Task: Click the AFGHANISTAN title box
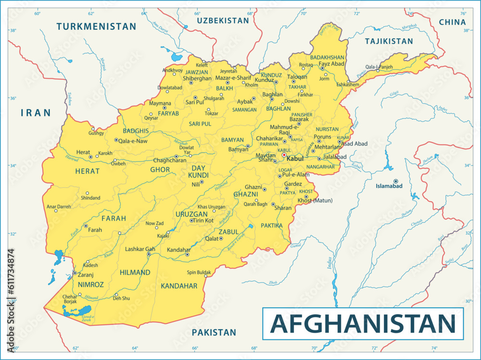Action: tap(363, 323)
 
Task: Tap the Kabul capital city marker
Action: tap(284, 155)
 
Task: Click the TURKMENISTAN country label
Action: tap(96, 26)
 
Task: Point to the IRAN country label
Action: tap(36, 113)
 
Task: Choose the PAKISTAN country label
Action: tap(214, 332)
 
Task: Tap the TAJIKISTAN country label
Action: tap(389, 41)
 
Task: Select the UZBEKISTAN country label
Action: tap(222, 20)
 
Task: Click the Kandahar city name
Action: tap(178, 250)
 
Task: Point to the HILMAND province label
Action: tap(135, 273)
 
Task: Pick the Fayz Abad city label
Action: tap(331, 63)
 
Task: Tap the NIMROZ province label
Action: tap(90, 285)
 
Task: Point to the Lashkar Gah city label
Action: tap(139, 249)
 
